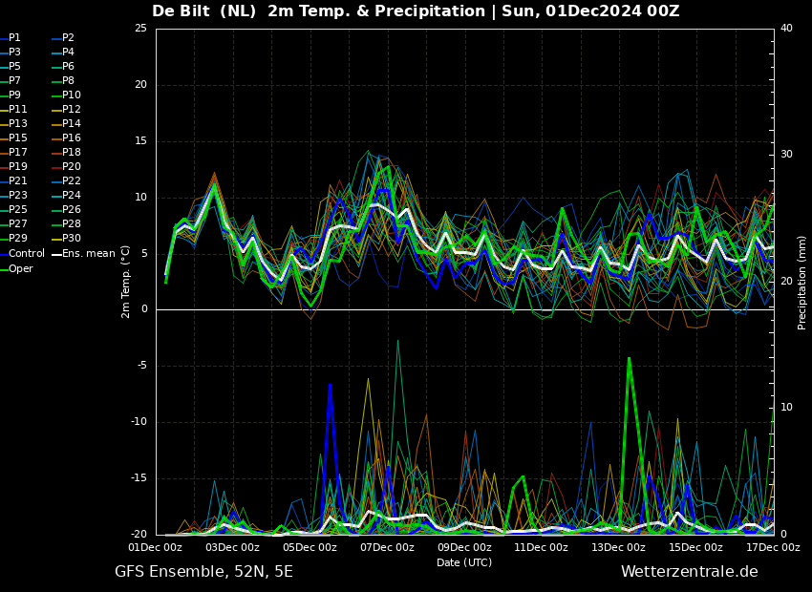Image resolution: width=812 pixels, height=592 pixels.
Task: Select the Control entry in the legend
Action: coord(27,254)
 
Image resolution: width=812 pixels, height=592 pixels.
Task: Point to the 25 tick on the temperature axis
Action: coord(140,28)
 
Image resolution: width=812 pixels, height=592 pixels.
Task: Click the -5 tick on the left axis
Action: coord(141,366)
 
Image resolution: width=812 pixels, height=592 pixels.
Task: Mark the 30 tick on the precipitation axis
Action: coord(786,155)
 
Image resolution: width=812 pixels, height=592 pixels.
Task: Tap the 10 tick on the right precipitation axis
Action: coord(786,408)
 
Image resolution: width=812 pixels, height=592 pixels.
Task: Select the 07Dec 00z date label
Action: coord(387,547)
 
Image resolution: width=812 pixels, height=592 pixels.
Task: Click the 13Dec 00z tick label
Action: coord(618,547)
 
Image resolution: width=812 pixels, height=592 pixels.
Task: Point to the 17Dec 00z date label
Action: coord(773,547)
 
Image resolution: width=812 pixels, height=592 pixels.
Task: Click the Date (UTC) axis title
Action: coord(464,562)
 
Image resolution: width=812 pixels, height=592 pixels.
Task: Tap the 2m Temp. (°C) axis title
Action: coord(126,282)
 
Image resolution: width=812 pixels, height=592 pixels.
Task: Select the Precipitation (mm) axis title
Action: coord(802,282)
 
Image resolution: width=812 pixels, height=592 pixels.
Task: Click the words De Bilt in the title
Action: coord(181,11)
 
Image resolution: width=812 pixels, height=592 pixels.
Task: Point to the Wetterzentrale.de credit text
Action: coord(690,572)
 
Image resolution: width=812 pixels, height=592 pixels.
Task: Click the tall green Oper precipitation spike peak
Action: coord(629,358)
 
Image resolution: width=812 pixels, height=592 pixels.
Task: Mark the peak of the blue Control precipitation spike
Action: coord(330,385)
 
